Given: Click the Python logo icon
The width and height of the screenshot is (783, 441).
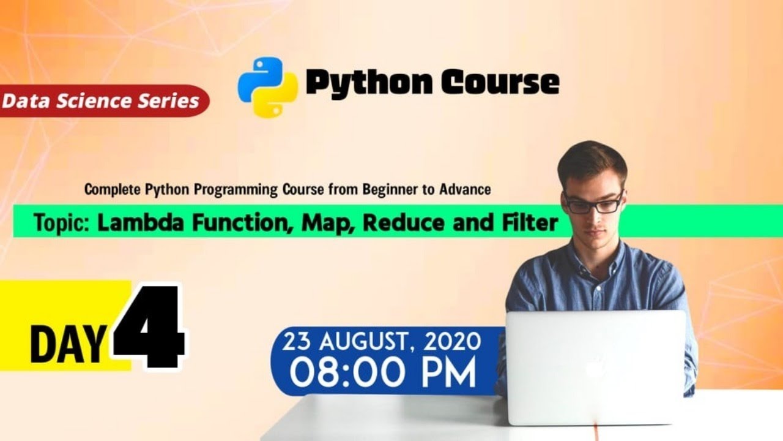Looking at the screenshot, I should pyautogui.click(x=267, y=86).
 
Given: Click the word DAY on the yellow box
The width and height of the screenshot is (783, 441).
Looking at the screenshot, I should pyautogui.click(x=67, y=346).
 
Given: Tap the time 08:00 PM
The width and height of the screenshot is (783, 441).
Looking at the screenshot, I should pyautogui.click(x=382, y=373).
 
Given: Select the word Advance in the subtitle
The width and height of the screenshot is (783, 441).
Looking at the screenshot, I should pyautogui.click(x=465, y=189).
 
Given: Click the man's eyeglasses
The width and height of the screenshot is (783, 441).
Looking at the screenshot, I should pyautogui.click(x=593, y=203).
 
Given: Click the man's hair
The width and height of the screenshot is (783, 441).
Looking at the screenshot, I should pyautogui.click(x=592, y=157).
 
